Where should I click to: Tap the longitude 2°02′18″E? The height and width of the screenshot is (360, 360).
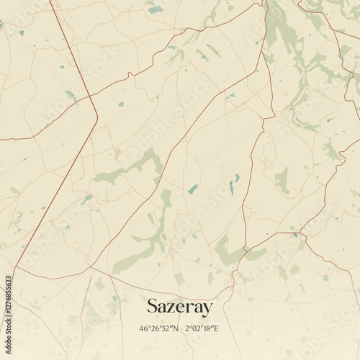point(203,329)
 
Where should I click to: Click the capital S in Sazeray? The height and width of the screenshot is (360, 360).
point(153,307)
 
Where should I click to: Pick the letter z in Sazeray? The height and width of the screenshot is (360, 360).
point(171,308)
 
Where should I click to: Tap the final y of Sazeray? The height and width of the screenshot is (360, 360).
point(208,310)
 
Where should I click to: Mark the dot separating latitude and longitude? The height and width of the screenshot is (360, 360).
point(183,329)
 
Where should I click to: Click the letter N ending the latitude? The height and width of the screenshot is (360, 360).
point(176,329)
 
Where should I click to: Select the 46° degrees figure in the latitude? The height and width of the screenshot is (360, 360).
point(145,329)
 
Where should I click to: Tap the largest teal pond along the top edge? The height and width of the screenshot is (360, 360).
point(155,9)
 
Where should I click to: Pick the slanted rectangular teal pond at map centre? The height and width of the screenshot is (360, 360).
point(193,189)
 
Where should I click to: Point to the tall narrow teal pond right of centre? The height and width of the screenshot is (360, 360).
point(231,187)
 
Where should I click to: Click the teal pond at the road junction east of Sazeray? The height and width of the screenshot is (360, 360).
point(294,234)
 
